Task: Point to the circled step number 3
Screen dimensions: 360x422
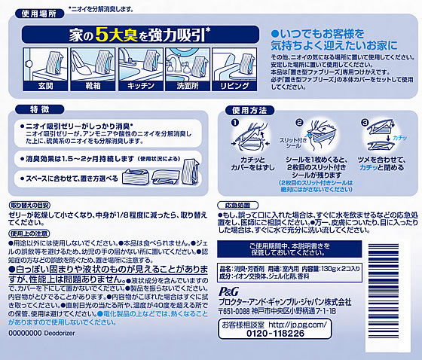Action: tap(365, 124)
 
